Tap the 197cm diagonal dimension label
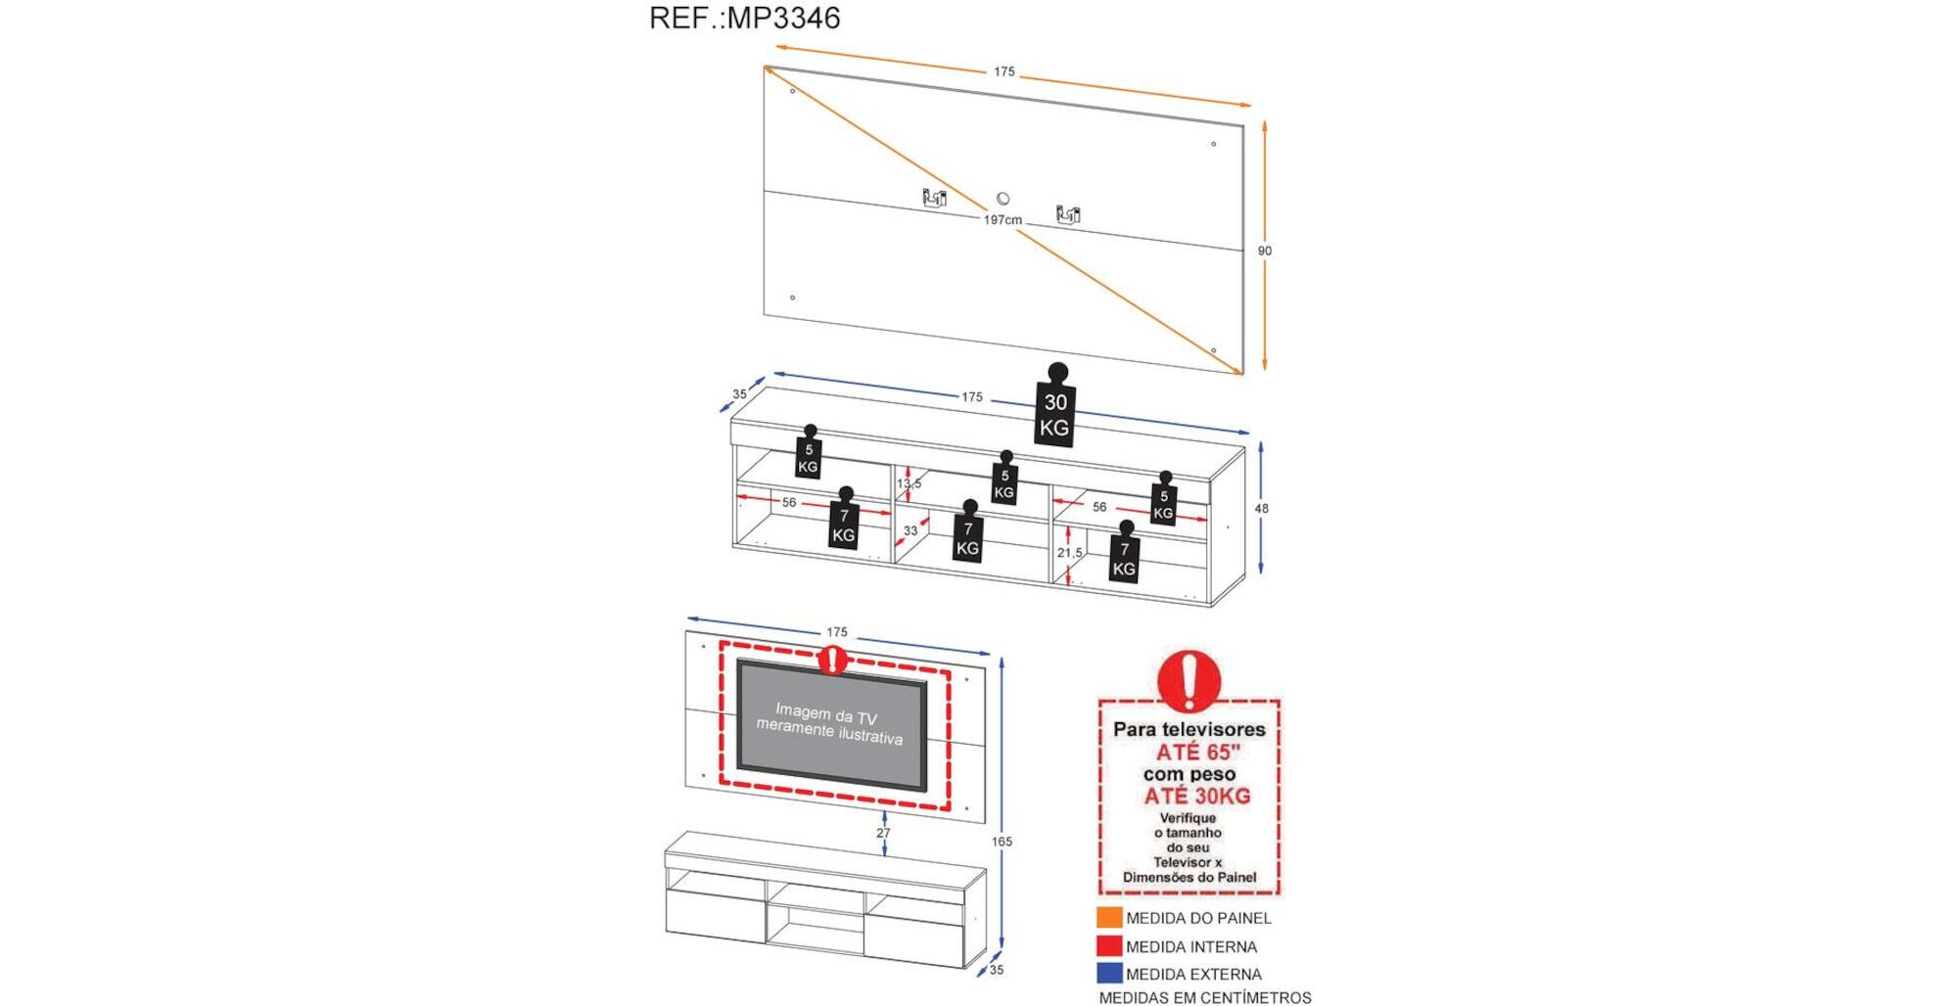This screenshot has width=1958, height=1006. tap(1002, 220)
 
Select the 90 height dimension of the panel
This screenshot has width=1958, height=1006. tap(1265, 251)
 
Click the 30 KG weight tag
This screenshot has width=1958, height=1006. tap(1054, 414)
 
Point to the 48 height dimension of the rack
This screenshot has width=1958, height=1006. tap(1262, 509)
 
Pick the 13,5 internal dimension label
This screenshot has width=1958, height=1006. tap(909, 483)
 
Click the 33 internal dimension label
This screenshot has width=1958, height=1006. tap(910, 531)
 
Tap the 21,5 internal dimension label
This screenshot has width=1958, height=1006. tap(1070, 553)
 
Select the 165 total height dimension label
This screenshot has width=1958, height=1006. tap(1002, 842)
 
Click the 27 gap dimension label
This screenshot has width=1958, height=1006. tap(883, 834)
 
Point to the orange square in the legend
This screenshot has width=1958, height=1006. tap(1109, 918)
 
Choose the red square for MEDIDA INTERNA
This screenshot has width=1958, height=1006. tap(1109, 946)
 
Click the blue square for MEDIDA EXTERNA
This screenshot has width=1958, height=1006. tap(1109, 974)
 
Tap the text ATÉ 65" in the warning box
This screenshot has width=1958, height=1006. tap(1197, 753)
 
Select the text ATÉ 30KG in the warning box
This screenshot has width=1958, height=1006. tap(1197, 797)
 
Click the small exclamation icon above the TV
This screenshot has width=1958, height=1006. tap(833, 660)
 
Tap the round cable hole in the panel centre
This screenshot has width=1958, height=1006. tap(1002, 199)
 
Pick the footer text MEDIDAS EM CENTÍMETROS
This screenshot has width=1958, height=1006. tap(1205, 997)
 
